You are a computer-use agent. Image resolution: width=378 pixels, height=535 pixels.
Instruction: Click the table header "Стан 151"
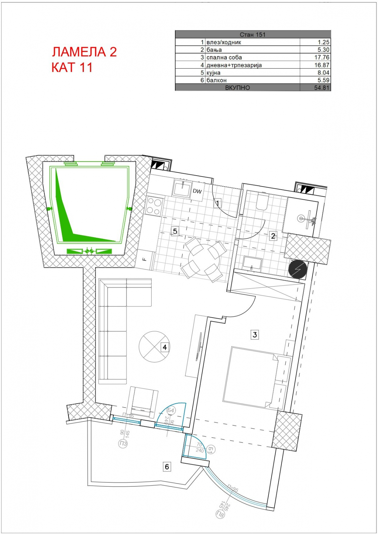click(x=253, y=35)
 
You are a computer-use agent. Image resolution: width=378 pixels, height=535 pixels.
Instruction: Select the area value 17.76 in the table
click(x=321, y=57)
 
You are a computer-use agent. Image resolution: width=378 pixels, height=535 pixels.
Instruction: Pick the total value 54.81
click(x=321, y=88)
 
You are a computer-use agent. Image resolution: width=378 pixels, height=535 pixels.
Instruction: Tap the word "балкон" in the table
click(x=216, y=80)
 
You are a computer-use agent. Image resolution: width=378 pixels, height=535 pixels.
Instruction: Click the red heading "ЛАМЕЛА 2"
click(x=84, y=52)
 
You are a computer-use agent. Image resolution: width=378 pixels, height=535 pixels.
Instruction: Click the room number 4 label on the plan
click(x=165, y=347)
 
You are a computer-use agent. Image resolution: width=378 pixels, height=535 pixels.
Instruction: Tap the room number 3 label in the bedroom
click(x=255, y=335)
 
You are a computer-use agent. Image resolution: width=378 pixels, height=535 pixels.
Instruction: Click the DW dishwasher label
click(x=197, y=191)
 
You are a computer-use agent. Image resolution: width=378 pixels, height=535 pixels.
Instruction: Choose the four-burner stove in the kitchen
click(x=154, y=207)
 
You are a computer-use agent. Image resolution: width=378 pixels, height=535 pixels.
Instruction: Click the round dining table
click(x=204, y=259)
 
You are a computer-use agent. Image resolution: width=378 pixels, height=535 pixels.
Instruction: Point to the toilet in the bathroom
click(x=262, y=202)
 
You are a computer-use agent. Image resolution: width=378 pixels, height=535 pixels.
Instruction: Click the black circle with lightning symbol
click(x=298, y=270)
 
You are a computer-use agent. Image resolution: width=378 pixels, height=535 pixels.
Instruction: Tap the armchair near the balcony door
click(x=143, y=403)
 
